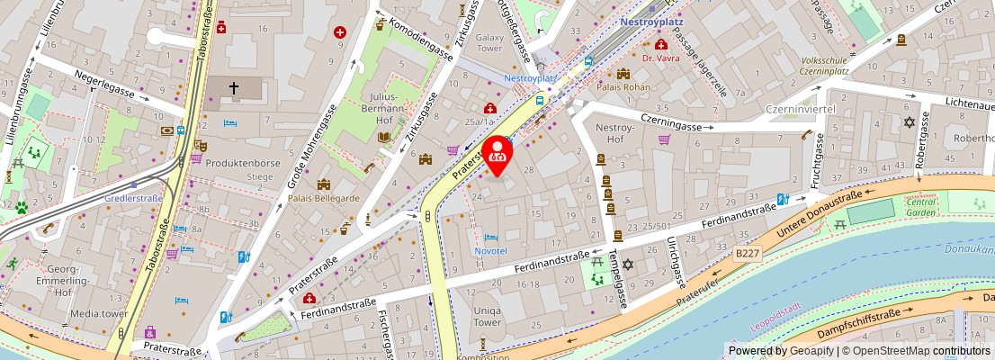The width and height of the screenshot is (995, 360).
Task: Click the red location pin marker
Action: (497, 153)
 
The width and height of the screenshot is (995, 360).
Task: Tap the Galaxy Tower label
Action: (489, 43)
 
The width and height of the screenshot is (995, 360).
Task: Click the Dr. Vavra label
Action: (660, 58)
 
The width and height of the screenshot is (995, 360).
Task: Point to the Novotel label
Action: (490, 251)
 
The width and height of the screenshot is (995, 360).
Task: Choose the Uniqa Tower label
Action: (487, 316)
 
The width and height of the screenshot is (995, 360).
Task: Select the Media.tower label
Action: (98, 314)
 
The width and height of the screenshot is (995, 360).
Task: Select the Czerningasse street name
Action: (670, 127)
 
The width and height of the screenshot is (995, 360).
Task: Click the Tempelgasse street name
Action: (618, 279)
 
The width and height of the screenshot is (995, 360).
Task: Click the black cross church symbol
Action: (233, 88)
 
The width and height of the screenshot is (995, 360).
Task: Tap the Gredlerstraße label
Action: (133, 199)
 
